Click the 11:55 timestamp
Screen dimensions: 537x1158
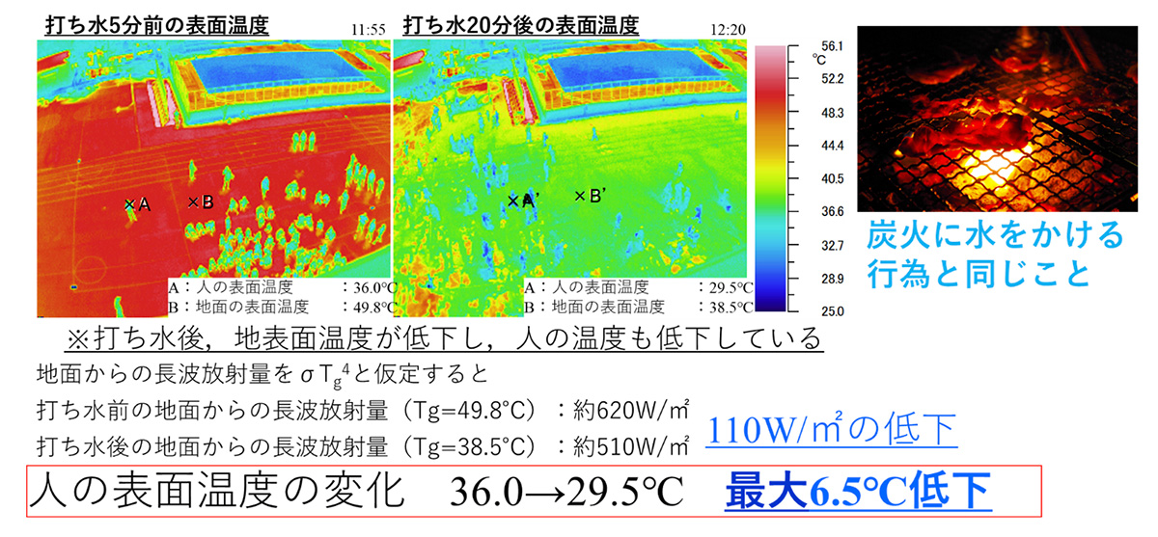369,29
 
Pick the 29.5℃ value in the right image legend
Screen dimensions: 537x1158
729,288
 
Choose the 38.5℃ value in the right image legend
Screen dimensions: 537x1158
729,308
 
